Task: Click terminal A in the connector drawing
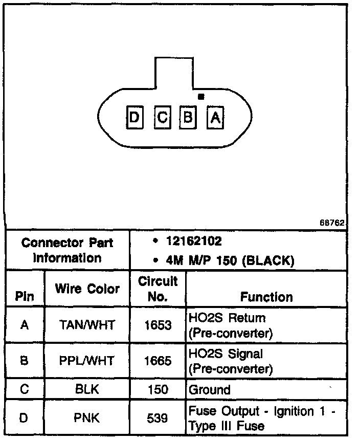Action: (215, 118)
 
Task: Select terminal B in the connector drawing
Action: (188, 118)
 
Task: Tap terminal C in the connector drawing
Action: (162, 118)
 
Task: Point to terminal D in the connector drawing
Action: (134, 118)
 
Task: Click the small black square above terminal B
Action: (201, 96)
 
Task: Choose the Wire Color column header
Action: (87, 289)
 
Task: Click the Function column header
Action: (266, 297)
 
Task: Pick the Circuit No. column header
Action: (157, 289)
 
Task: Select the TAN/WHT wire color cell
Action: (87, 325)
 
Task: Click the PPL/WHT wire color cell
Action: (87, 361)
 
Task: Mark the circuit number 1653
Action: (157, 325)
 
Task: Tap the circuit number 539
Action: (157, 419)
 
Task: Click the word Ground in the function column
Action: (210, 390)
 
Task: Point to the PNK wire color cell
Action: (87, 419)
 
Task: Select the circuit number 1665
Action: (157, 361)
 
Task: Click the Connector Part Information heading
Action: (67, 250)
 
